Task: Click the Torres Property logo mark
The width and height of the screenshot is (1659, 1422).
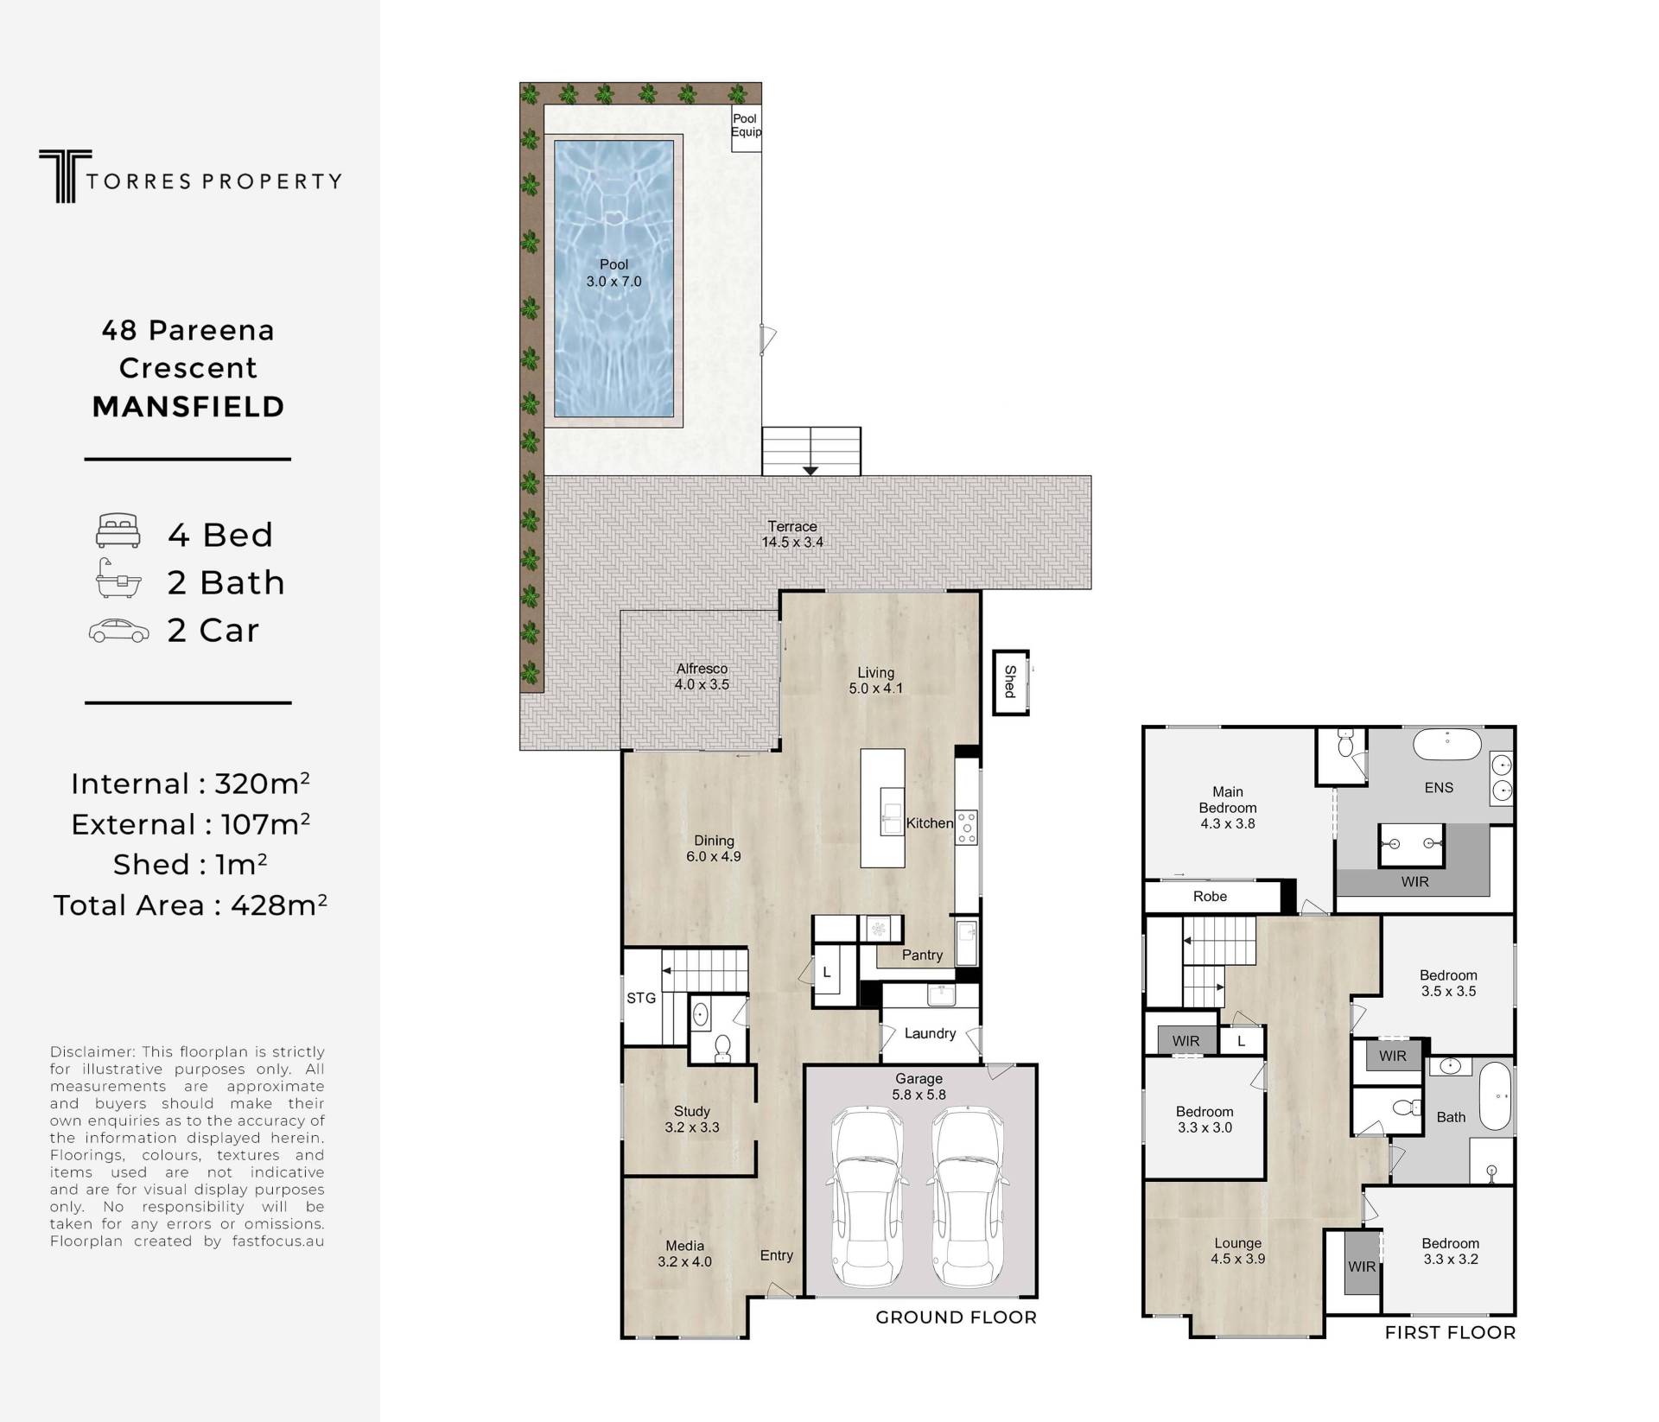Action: [x=65, y=176]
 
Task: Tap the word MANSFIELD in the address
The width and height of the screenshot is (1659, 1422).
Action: [x=188, y=407]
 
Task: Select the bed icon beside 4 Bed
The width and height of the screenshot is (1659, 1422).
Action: [x=118, y=530]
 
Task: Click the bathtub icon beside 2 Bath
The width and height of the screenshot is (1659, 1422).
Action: [x=118, y=579]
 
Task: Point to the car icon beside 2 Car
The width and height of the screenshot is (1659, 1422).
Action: [x=118, y=631]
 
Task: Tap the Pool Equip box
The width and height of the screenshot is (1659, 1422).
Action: [x=747, y=129]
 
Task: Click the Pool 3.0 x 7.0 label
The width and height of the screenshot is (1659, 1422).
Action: [x=614, y=273]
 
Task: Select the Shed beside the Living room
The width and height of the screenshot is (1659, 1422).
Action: [x=1010, y=682]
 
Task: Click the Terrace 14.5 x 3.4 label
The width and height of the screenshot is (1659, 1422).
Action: [x=792, y=534]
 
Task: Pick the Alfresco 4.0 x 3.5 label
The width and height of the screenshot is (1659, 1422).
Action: [x=702, y=676]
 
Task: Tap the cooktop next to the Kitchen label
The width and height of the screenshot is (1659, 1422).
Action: [x=967, y=827]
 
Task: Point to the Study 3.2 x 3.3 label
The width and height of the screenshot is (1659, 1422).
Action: [x=692, y=1119]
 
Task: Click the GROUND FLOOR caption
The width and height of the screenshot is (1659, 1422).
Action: [x=956, y=1317]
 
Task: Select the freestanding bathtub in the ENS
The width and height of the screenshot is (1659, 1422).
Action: [x=1446, y=745]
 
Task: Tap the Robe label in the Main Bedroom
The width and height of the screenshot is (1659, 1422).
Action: [x=1210, y=897]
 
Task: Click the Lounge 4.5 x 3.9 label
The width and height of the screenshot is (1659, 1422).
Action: [x=1238, y=1251]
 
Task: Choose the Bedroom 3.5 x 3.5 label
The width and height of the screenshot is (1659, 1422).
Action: [x=1448, y=983]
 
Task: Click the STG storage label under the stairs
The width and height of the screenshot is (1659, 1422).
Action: [x=641, y=998]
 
